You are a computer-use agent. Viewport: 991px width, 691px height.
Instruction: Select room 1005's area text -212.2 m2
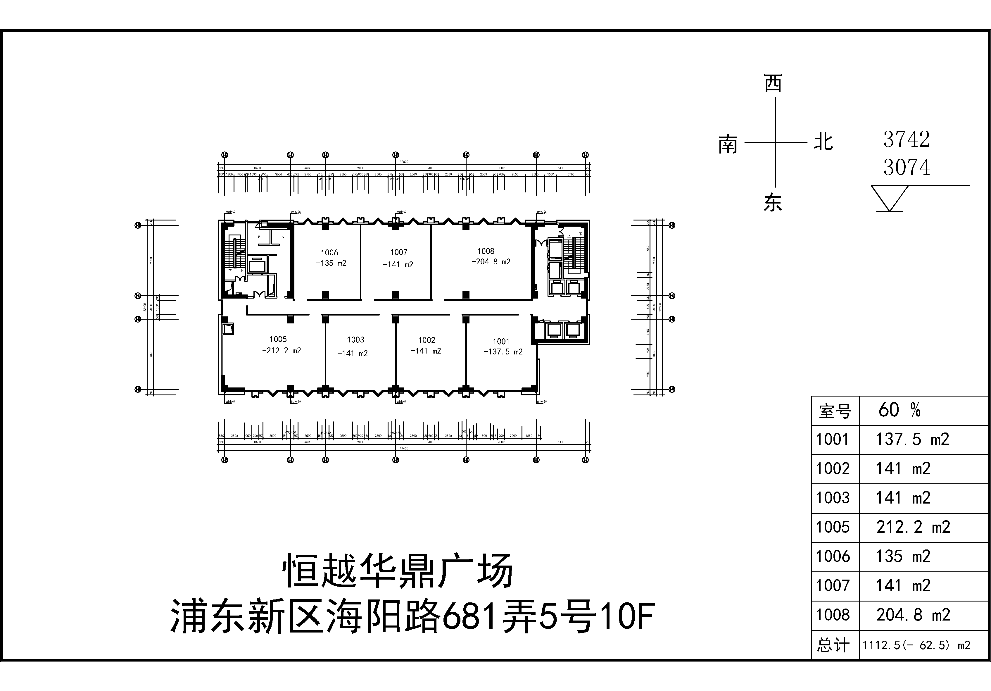coord(282,351)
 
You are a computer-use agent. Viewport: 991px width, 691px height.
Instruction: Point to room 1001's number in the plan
coord(501,341)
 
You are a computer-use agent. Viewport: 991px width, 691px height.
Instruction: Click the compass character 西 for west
coord(773,83)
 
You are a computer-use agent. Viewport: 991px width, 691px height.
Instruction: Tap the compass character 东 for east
coord(773,203)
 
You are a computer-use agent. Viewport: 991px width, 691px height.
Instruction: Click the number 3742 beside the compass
coord(907,139)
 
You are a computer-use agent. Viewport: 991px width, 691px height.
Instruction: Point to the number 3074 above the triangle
coord(907,168)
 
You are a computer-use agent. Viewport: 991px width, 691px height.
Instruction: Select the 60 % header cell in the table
coord(900,410)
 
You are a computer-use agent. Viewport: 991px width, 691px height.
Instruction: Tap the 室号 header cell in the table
coord(835,411)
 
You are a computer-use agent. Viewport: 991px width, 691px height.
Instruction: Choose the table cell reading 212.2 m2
coord(913,527)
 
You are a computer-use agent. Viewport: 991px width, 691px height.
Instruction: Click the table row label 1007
coord(833,586)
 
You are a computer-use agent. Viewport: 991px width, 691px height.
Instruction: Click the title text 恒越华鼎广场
coord(398,571)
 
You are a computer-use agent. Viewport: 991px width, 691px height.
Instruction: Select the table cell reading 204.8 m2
coord(913,615)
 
